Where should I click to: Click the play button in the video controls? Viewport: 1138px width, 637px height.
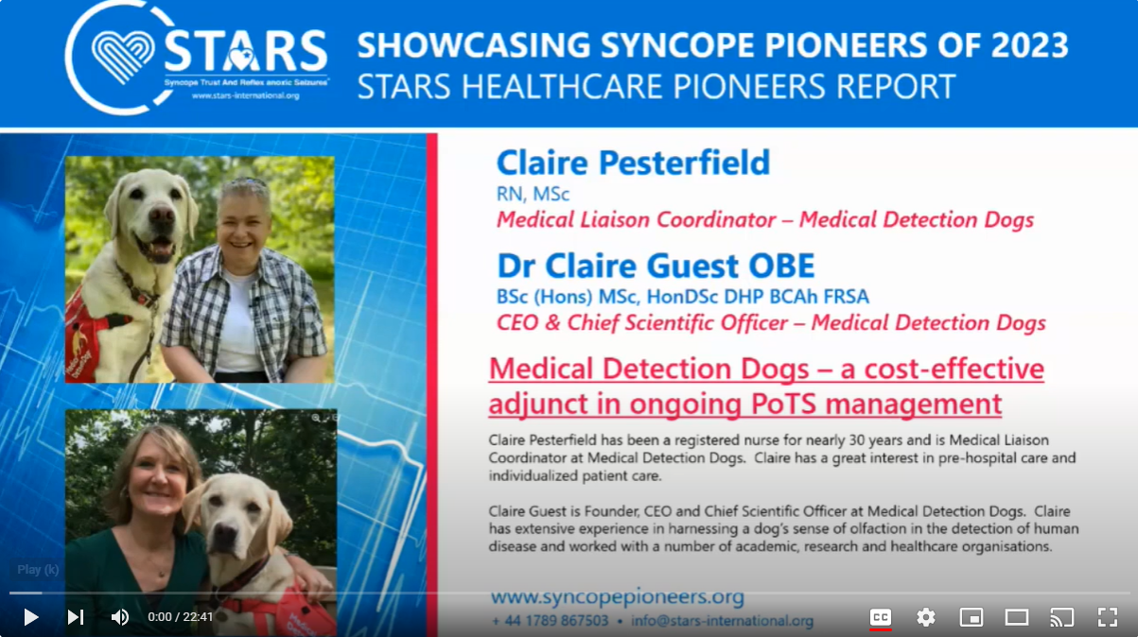[x=30, y=617]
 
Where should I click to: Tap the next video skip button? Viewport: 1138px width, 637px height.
[x=76, y=617]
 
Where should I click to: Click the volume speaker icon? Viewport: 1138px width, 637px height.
[x=120, y=617]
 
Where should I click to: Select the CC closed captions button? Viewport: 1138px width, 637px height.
[x=880, y=617]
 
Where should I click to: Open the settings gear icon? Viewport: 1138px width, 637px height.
[x=926, y=617]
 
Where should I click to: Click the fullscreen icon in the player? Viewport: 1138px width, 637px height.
[x=1107, y=617]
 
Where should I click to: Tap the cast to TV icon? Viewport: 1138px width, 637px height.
[x=1061, y=617]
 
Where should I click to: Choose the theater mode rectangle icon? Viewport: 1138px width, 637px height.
[x=1017, y=617]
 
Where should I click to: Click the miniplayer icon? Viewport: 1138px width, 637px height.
[x=972, y=617]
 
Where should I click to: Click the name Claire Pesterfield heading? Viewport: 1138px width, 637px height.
[x=633, y=163]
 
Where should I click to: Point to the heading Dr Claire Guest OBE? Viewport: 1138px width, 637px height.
[x=656, y=265]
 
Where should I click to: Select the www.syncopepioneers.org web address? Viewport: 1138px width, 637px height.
[x=617, y=597]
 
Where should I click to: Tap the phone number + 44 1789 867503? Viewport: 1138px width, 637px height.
[x=551, y=621]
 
